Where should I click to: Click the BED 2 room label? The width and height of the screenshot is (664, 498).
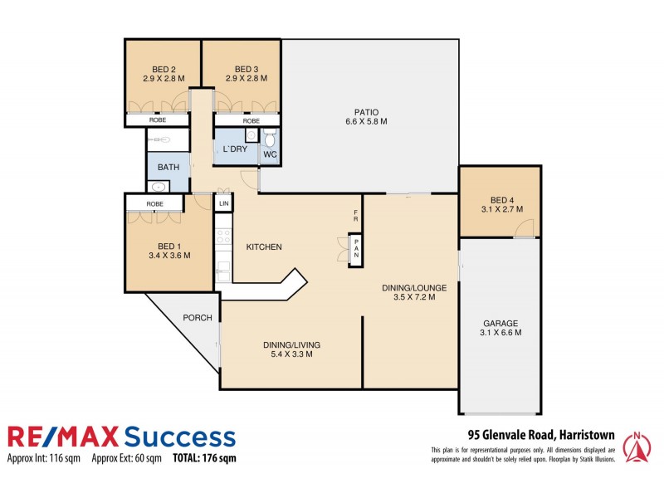point(164,69)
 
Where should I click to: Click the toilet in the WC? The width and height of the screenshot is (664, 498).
point(269,139)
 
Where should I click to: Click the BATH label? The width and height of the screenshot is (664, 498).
point(168,167)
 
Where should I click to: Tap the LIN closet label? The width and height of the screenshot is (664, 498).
point(223,203)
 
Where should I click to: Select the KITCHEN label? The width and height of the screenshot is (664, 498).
point(264,247)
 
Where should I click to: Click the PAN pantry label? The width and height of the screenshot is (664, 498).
point(355,248)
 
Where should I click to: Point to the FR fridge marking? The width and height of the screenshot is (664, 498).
point(355,216)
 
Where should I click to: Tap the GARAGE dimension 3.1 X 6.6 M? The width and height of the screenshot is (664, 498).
point(501,333)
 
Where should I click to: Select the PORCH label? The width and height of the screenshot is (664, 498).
point(198,318)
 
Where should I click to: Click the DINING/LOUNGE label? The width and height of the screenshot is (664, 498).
point(414,288)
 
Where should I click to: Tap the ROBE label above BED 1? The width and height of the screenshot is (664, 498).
point(154,203)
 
